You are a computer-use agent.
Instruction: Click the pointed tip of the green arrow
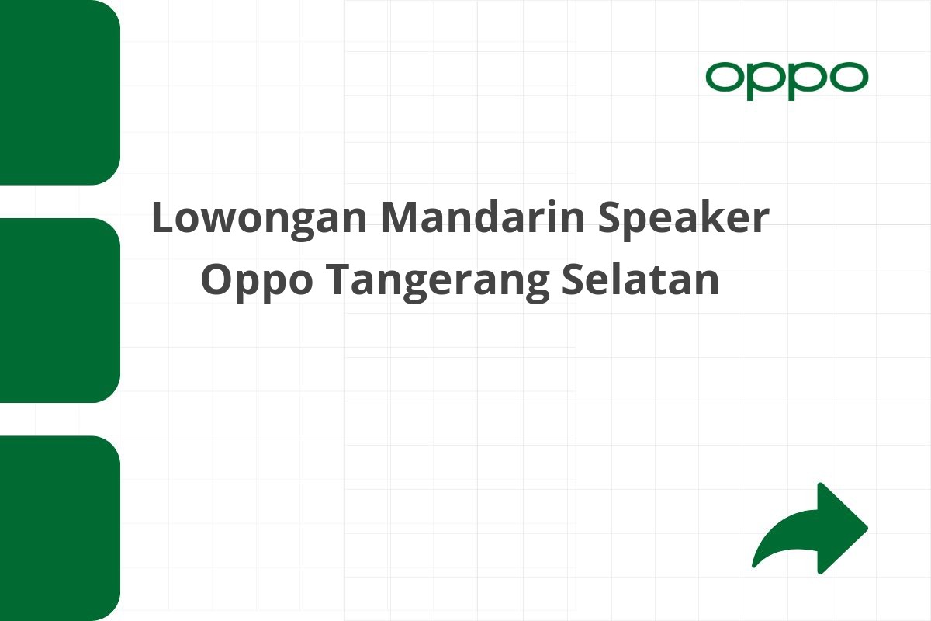(x=866, y=529)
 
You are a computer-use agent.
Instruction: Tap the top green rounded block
(x=59, y=92)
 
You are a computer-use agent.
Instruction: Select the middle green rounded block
(x=59, y=310)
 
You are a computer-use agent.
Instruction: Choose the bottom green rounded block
(x=59, y=528)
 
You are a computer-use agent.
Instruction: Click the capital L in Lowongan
(x=161, y=220)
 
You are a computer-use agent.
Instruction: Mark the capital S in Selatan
(x=573, y=280)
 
